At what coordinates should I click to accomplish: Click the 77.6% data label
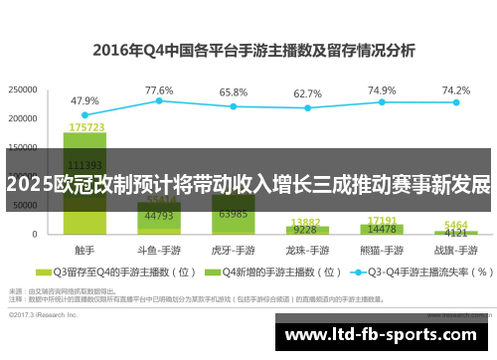point(159,90)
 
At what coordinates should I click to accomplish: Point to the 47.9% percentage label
point(84,100)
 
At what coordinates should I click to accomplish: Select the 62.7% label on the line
point(307,93)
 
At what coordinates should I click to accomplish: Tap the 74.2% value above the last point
point(456,90)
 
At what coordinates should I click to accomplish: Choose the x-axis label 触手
point(84,249)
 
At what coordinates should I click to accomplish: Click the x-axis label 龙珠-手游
point(307,249)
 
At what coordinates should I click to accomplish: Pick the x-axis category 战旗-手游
point(456,249)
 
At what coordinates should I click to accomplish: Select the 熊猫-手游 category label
point(382,249)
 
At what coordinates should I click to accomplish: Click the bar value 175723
point(86,127)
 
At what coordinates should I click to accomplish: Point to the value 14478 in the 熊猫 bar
point(382,229)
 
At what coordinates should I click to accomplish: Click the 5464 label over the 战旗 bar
point(455,225)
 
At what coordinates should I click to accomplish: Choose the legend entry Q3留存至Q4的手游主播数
point(109,270)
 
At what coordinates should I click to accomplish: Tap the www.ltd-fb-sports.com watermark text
point(382,334)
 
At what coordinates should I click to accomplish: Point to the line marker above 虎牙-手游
point(234,106)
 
